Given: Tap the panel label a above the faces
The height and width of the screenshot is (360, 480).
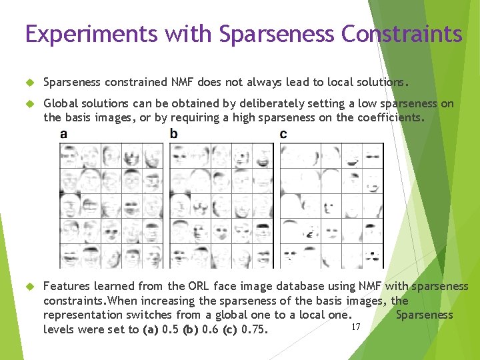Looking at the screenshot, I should coord(63,135).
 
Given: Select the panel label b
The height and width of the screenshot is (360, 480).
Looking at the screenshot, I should coord(173,135).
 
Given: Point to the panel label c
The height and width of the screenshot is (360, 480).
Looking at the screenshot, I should coord(283,135).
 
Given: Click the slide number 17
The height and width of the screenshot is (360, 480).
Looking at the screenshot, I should coord(355,326).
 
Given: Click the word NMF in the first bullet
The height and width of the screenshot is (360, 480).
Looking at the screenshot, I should coord(182,83).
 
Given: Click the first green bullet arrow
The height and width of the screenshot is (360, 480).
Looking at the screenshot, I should coord(29,83).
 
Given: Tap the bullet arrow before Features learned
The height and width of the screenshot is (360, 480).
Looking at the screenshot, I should coord(29,286).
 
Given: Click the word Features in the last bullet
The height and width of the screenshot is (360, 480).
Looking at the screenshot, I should coord(65,286).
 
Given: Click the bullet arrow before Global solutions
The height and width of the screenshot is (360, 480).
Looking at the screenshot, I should coord(29,104).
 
